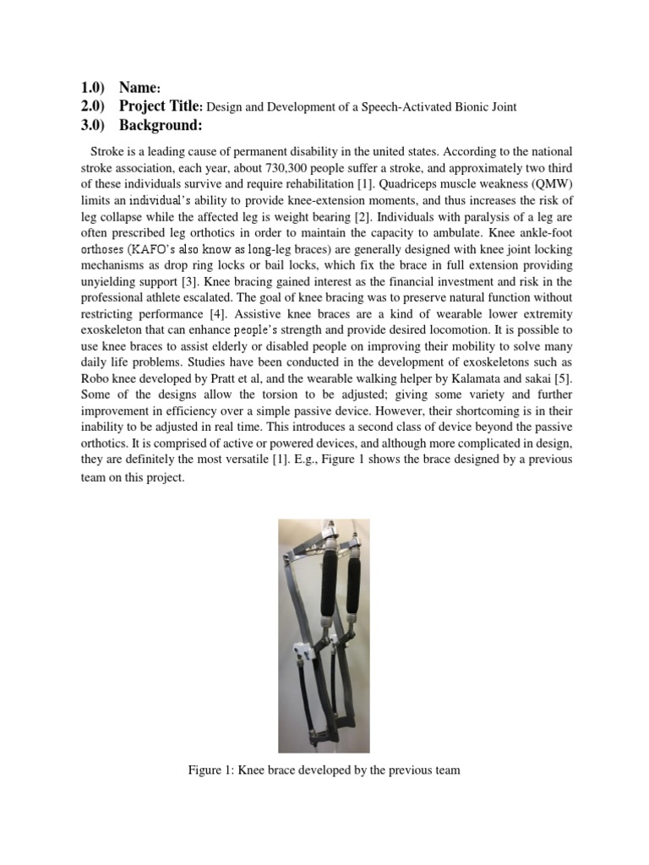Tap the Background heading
[161, 126]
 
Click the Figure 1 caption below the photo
[324, 770]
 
